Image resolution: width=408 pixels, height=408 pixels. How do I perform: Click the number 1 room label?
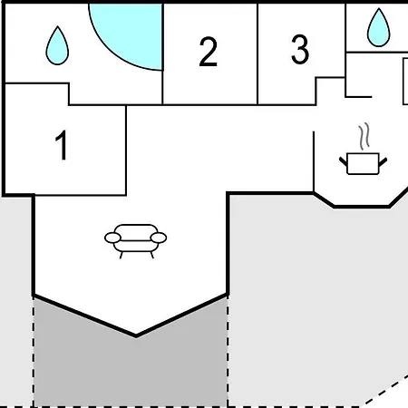pyautogui.click(x=62, y=145)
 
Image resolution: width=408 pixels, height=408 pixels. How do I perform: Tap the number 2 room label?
pyautogui.click(x=209, y=52)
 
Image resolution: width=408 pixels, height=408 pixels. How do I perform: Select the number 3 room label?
pyautogui.click(x=300, y=49)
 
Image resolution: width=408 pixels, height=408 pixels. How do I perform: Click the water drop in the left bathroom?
pyautogui.click(x=57, y=45)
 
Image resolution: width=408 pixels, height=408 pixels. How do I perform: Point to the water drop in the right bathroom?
pyautogui.click(x=379, y=28)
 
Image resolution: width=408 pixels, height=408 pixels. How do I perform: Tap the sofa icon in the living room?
pyautogui.click(x=135, y=241)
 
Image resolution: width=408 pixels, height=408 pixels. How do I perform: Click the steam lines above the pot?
pyautogui.click(x=364, y=136)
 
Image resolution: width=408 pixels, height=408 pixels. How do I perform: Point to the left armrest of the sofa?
pyautogui.click(x=112, y=238)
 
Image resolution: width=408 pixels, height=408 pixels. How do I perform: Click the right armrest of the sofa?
pyautogui.click(x=159, y=238)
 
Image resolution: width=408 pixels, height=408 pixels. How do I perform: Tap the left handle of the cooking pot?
pyautogui.click(x=344, y=161)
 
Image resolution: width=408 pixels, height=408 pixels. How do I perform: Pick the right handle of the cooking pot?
pyautogui.click(x=383, y=161)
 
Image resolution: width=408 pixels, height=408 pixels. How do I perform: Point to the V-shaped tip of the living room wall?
pyautogui.click(x=136, y=335)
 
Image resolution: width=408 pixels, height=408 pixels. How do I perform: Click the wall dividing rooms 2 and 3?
pyautogui.click(x=257, y=53)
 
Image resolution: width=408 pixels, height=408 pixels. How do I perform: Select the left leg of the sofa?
pyautogui.click(x=121, y=256)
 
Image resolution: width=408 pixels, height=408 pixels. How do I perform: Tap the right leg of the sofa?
pyautogui.click(x=152, y=256)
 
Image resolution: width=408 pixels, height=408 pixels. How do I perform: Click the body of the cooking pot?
pyautogui.click(x=363, y=164)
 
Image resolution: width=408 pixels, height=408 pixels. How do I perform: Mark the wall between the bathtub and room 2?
pyautogui.click(x=162, y=53)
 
